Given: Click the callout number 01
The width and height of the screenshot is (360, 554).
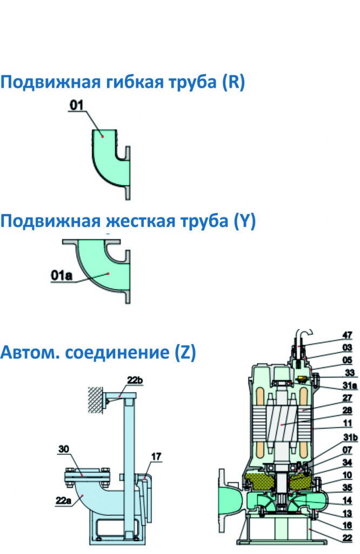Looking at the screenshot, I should (x=76, y=105).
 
